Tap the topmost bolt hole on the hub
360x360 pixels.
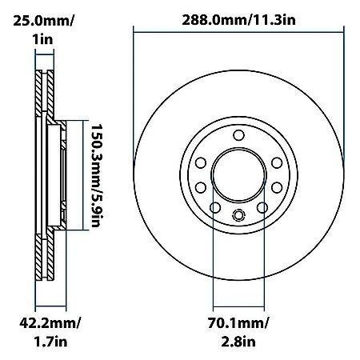pyautogui.click(x=238, y=137)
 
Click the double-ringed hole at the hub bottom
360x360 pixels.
pyautogui.click(x=238, y=214)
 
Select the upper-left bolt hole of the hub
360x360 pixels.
pyautogui.click(x=202, y=162)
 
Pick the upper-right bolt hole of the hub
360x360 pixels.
pyautogui.click(x=274, y=162)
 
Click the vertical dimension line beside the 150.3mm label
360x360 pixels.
pyautogui.click(x=82, y=174)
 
